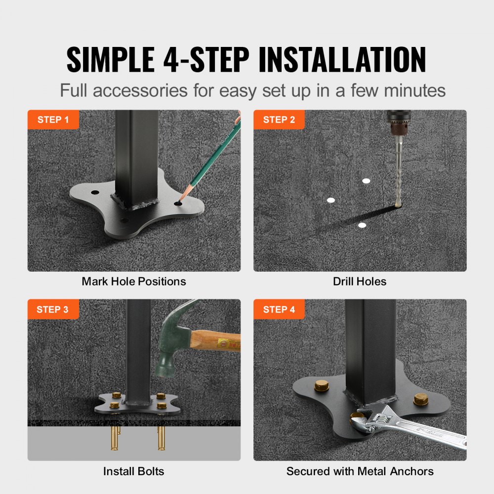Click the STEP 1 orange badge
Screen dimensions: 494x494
[53, 120]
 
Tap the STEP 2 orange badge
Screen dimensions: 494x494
[279, 120]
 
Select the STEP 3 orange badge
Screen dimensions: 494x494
[53, 309]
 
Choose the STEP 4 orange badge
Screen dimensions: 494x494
[279, 309]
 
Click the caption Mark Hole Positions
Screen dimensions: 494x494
[134, 282]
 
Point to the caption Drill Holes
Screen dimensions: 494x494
[360, 282]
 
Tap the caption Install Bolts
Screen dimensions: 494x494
[134, 471]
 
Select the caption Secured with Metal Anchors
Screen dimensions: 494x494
[360, 471]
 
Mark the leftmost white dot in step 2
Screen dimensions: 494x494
[331, 200]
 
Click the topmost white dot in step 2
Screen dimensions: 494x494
[366, 181]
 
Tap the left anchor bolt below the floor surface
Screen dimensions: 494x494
[115, 437]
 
